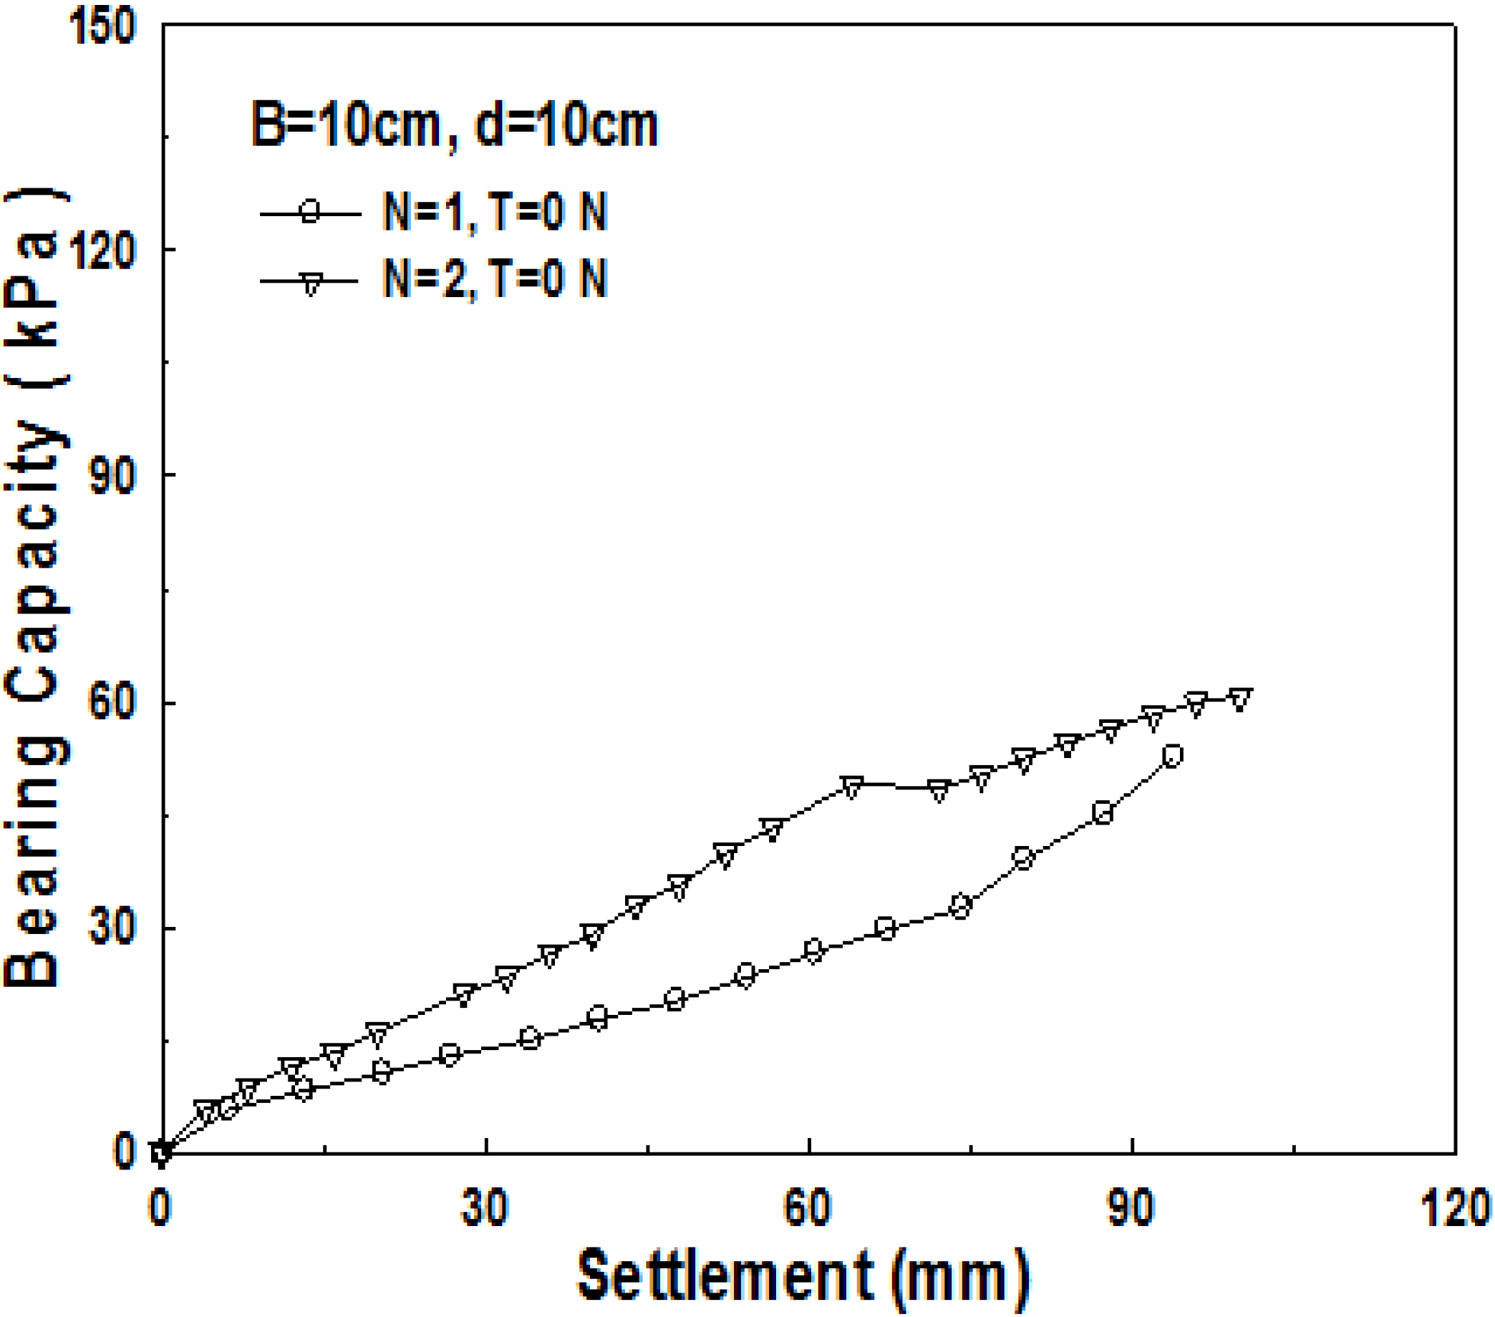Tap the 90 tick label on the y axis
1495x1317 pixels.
(112, 476)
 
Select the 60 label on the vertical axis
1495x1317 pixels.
(112, 701)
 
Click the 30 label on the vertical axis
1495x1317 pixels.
(112, 927)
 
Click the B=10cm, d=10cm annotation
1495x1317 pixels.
(454, 126)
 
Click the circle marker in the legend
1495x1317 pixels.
(311, 213)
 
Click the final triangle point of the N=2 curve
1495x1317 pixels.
(1241, 699)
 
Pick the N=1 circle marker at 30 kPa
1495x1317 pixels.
(885, 929)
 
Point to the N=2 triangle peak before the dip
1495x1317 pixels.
(852, 787)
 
